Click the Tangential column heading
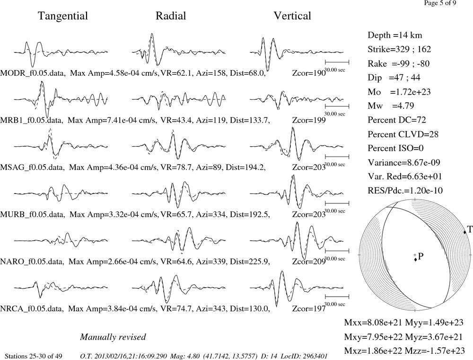(x=63, y=16)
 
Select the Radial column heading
(x=171, y=16)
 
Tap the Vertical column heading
(x=292, y=16)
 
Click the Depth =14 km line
(x=394, y=35)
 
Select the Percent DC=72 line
(x=397, y=120)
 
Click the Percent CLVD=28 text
(x=403, y=134)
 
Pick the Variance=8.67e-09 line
(x=403, y=163)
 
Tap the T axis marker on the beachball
(x=465, y=232)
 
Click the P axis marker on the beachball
(x=415, y=259)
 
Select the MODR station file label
(x=33, y=73)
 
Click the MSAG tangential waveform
(x=61, y=145)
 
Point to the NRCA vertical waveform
(x=297, y=288)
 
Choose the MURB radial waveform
(x=179, y=194)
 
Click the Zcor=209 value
(x=309, y=262)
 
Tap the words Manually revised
(x=113, y=337)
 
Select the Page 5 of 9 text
(x=440, y=3)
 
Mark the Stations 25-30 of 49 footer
(x=34, y=356)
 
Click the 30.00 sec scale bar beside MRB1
(x=337, y=106)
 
